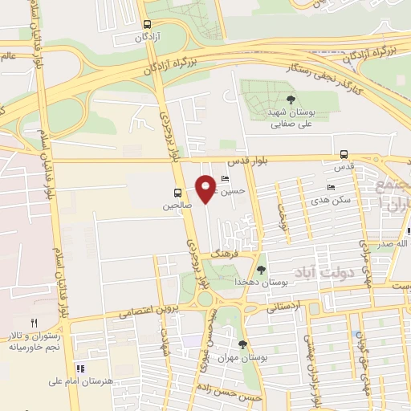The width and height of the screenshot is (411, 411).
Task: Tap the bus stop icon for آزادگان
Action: (x=145, y=25)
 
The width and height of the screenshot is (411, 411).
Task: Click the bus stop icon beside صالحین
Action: (x=177, y=193)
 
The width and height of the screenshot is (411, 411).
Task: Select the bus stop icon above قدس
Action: (x=344, y=154)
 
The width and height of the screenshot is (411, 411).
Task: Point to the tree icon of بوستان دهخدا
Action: (x=262, y=270)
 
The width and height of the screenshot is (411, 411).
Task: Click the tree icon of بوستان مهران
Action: (x=242, y=344)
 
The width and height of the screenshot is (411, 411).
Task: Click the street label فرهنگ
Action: (x=221, y=252)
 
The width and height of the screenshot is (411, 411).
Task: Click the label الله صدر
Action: (x=393, y=242)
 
